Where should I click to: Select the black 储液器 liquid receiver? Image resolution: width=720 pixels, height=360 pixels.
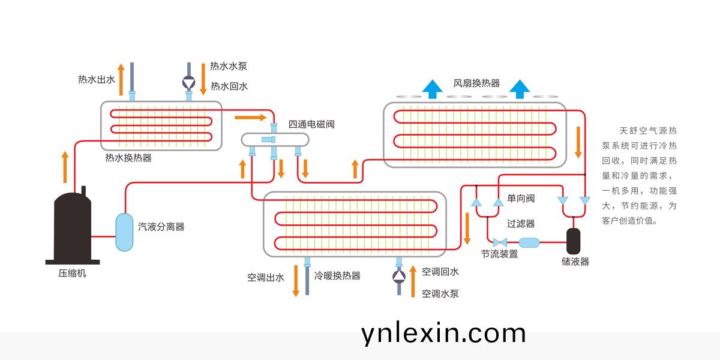(x=575, y=240)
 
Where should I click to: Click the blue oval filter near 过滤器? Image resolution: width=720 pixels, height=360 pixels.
(x=529, y=242)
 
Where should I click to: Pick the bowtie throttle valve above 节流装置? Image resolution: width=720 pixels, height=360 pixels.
(x=499, y=242)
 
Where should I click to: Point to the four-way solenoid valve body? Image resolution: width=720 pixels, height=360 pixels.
(x=274, y=139)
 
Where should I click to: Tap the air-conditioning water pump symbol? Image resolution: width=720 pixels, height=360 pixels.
(x=399, y=276)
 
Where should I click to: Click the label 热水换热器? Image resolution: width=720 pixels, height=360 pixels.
(x=128, y=158)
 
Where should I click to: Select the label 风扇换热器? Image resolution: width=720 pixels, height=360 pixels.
(x=476, y=83)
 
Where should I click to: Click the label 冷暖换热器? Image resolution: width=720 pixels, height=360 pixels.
(x=338, y=276)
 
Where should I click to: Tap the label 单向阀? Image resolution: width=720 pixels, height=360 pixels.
(x=521, y=198)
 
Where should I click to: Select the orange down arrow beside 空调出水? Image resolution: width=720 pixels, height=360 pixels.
(x=295, y=280)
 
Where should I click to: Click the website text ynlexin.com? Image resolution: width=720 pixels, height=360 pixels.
(x=443, y=333)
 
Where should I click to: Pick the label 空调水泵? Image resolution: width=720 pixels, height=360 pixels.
(x=440, y=293)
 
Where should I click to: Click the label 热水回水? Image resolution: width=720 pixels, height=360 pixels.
(x=229, y=86)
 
